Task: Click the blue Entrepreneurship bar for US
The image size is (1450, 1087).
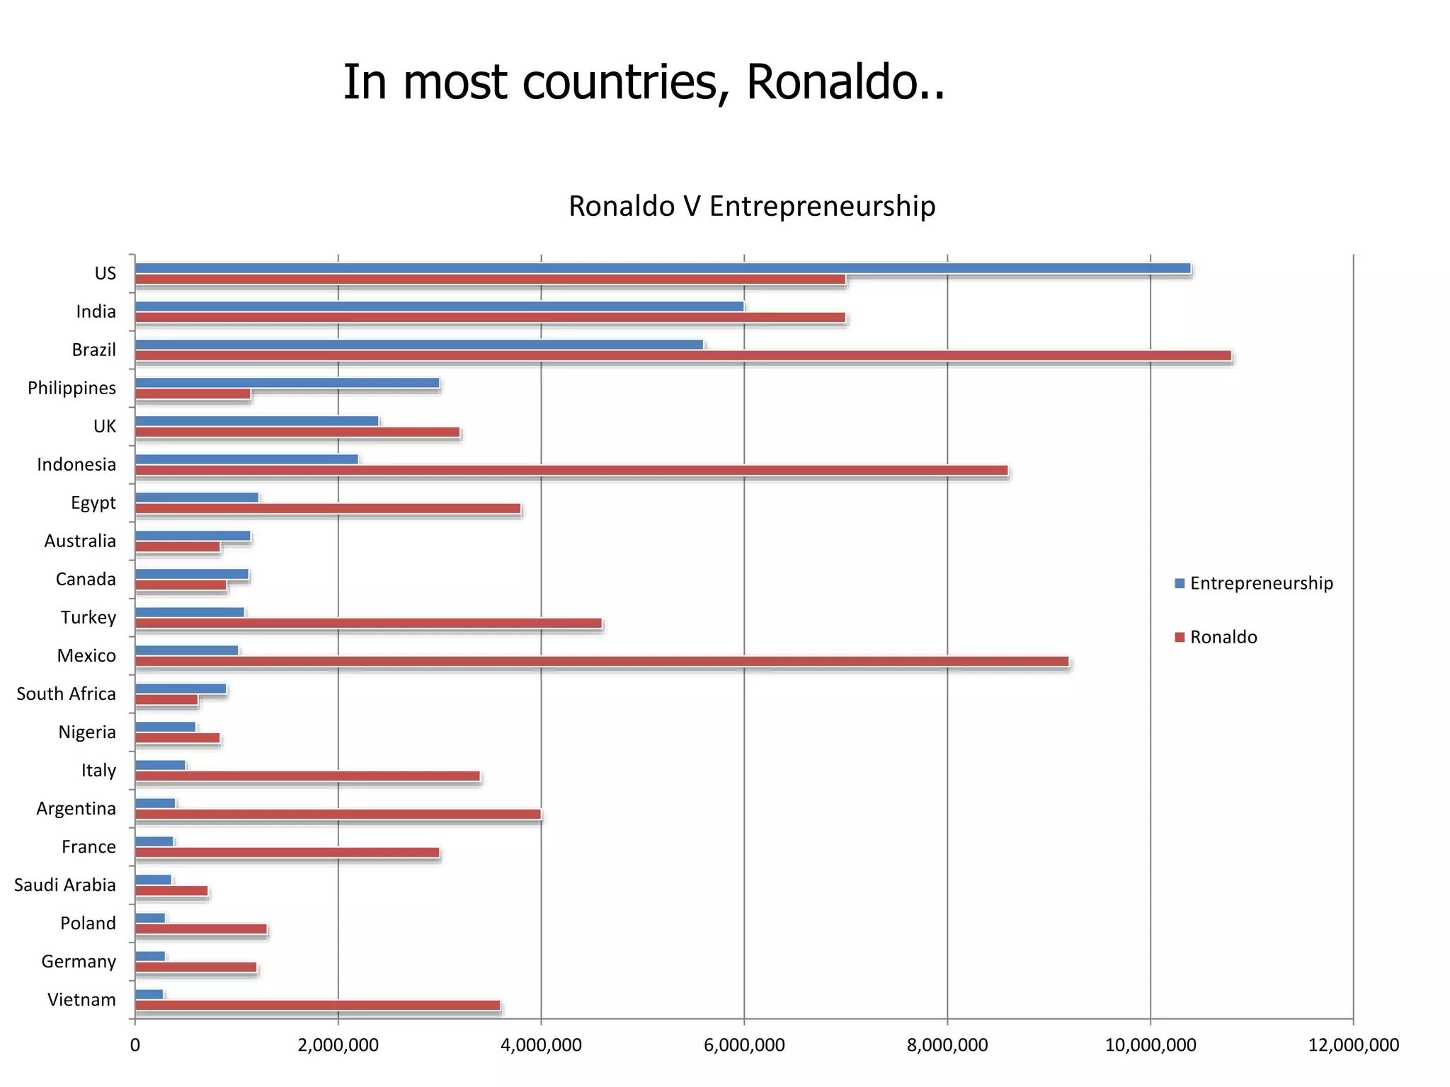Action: (662, 268)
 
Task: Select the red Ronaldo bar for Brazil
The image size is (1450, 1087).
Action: (683, 356)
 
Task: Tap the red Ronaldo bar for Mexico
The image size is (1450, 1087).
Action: (602, 662)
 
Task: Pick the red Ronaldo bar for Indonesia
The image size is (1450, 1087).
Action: (571, 471)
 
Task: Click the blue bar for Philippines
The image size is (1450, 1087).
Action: (287, 383)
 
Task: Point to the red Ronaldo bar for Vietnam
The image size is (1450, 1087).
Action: (317, 1006)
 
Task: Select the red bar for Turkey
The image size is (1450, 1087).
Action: (368, 623)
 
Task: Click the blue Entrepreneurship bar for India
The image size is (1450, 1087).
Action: (439, 306)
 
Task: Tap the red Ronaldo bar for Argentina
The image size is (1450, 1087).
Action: (338, 815)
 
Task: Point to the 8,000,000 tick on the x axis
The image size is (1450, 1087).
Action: (947, 1045)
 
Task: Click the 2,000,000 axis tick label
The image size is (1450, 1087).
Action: (338, 1045)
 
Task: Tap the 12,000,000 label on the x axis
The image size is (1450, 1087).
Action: (1353, 1045)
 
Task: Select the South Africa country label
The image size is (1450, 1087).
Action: (66, 694)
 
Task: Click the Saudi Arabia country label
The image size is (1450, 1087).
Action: (64, 885)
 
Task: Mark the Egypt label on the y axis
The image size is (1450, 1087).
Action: (93, 503)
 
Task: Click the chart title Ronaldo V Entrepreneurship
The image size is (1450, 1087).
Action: (752, 206)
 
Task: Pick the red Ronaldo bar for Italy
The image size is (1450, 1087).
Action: (307, 776)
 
